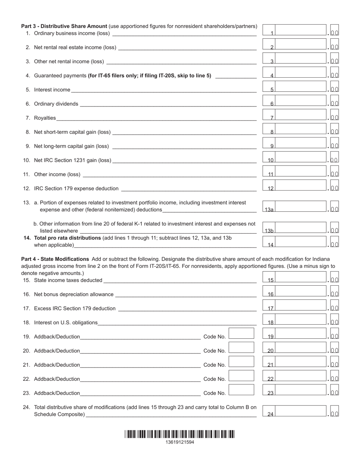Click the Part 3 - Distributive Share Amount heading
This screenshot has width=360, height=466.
coord(64,26)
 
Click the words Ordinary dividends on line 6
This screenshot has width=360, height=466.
coord(56,104)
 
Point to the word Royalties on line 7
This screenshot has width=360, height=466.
coord(45,118)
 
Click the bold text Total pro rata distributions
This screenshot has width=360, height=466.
coord(67,238)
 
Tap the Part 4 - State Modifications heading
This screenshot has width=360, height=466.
coord(55,259)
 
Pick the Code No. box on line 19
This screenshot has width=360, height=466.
coord(241,333)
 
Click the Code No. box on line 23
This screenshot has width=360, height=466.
coord(241,390)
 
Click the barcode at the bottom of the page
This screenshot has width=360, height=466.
coord(180,434)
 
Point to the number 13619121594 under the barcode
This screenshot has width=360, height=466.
coord(180,442)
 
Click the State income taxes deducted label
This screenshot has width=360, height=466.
coord(68,280)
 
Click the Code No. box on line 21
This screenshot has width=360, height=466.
coord(241,361)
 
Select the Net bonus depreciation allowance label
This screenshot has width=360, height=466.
coord(74,294)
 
